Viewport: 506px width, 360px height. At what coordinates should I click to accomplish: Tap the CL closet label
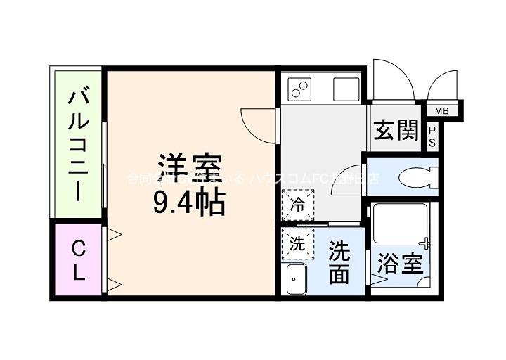click(77, 260)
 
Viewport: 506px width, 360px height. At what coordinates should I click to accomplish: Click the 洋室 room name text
click(190, 167)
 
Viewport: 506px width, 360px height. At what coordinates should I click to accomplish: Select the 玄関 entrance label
click(396, 131)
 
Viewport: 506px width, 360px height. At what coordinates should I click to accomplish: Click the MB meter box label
click(441, 110)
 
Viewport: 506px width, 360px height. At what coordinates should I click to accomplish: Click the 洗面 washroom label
click(339, 263)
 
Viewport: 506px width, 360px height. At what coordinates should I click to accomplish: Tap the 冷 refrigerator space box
click(298, 206)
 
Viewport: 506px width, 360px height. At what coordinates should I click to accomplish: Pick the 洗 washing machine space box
click(298, 244)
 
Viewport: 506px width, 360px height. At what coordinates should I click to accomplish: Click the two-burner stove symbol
click(300, 89)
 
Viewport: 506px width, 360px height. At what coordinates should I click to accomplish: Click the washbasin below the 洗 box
click(296, 279)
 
